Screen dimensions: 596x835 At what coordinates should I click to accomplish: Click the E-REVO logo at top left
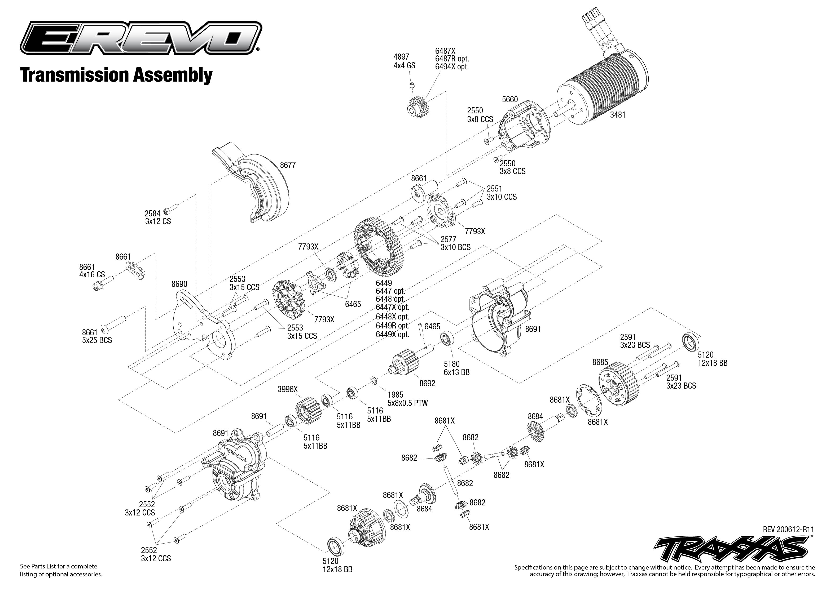141,38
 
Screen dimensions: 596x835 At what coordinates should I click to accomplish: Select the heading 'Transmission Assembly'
116,75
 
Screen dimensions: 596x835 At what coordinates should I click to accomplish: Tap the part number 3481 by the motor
618,115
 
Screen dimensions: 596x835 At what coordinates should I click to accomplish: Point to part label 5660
510,99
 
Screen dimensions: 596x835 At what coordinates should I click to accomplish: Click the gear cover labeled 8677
257,187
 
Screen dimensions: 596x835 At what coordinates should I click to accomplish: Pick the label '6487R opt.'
452,59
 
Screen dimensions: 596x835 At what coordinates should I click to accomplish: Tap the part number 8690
179,284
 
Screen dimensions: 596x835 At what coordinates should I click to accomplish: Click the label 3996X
288,389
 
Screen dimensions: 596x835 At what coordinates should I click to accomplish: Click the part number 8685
600,362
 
